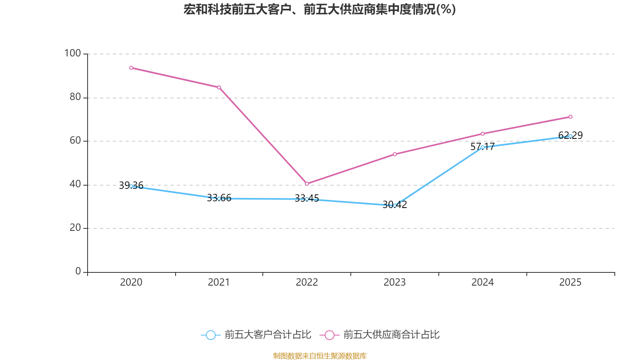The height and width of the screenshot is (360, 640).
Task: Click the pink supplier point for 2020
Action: [x=131, y=68]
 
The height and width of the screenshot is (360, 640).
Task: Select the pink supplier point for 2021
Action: [x=219, y=87]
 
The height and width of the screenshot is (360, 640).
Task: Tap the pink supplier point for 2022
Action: [x=307, y=184]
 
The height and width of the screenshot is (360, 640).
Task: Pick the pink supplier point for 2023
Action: [x=395, y=154]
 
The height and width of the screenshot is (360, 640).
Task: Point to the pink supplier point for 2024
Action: [x=482, y=134]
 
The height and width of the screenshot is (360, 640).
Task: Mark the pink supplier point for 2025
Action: [x=570, y=117]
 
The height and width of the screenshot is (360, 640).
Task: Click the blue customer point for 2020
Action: [x=131, y=186]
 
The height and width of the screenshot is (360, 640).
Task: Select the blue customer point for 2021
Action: [x=219, y=198]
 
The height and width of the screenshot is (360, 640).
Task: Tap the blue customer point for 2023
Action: [x=395, y=206]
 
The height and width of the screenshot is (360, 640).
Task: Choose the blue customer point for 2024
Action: [x=482, y=147]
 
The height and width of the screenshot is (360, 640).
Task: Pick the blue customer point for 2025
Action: [x=570, y=136]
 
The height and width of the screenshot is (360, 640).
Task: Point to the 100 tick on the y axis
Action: [x=72, y=53]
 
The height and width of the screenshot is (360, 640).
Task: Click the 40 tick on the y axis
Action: [x=75, y=184]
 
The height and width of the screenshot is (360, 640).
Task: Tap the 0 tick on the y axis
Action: [x=78, y=272]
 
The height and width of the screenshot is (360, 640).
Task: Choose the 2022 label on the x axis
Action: [x=307, y=282]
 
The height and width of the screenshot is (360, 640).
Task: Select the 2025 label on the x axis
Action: [x=570, y=282]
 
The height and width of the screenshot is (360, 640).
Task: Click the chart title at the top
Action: [x=320, y=9]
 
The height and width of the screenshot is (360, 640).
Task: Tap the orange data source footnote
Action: [x=320, y=356]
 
